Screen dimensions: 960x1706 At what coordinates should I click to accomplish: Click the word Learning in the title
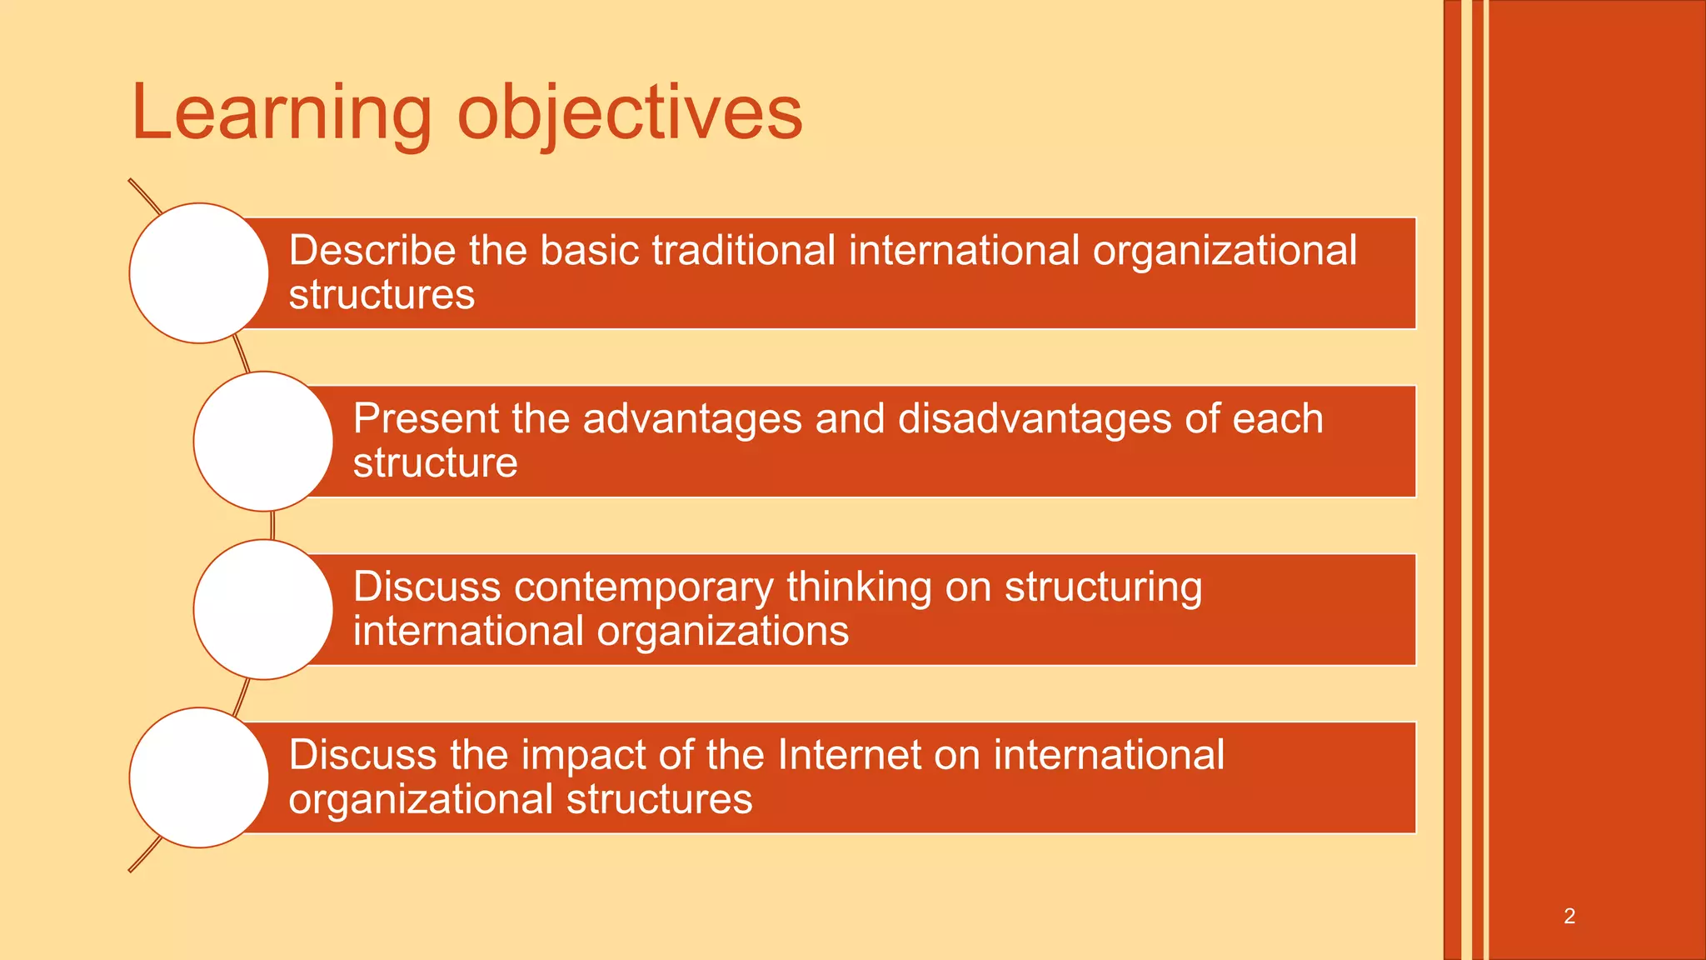[282, 112]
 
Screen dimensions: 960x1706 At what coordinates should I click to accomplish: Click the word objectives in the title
[630, 112]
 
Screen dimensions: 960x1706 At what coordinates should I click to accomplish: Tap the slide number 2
[1569, 916]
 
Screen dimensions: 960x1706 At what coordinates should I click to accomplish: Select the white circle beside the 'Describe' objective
[199, 273]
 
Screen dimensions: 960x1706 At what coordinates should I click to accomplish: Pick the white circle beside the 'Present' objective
[263, 442]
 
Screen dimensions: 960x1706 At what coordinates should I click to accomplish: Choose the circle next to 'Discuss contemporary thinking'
[263, 609]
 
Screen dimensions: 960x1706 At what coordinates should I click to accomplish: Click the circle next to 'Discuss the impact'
[199, 777]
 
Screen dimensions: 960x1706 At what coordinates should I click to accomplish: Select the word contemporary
[644, 588]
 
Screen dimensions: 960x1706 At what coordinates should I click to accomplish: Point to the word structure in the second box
[435, 463]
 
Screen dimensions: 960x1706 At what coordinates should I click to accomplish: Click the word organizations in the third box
[723, 632]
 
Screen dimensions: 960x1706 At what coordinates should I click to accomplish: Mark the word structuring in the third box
[1103, 588]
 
